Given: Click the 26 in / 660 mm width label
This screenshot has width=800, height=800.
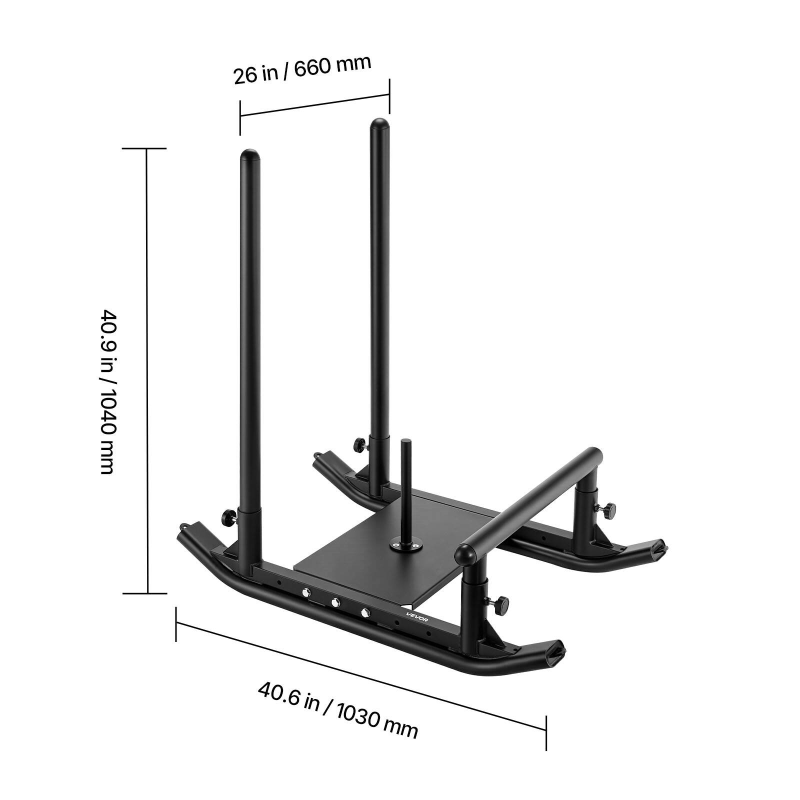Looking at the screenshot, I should click(302, 69).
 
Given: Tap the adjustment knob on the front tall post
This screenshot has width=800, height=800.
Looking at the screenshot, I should click(227, 515).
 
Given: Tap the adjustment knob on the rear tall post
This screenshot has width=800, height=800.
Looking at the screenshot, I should click(358, 444).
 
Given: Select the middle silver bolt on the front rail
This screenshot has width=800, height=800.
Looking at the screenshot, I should click(335, 602).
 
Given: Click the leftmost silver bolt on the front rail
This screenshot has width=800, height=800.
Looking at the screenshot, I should click(304, 592).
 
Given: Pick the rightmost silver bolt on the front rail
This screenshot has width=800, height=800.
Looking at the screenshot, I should click(365, 611).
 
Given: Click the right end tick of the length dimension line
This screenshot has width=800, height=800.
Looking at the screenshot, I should click(545, 733).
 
